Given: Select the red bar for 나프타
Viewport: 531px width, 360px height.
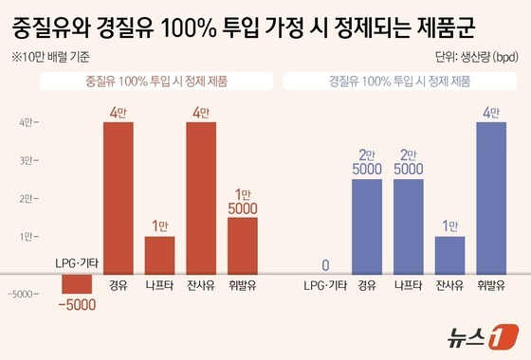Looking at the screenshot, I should pos(159,255).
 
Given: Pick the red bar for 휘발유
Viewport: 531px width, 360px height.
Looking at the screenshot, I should pos(243,245).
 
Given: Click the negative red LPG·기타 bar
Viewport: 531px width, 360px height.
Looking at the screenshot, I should pos(77,283).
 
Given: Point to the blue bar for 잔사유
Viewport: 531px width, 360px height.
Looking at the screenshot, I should pos(450,255).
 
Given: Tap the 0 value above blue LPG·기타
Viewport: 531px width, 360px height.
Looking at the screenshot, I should pos(325,264).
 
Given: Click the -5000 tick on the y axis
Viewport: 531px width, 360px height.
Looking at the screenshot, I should pos(23,294).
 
